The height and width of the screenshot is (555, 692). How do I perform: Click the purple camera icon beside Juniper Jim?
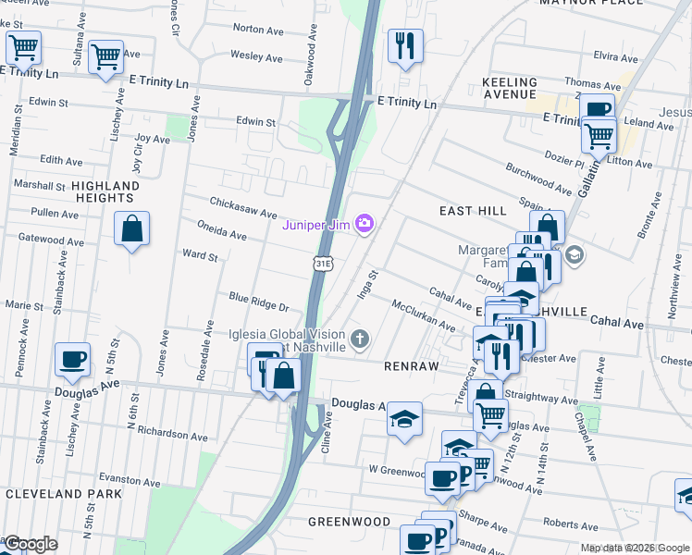coord(365,223)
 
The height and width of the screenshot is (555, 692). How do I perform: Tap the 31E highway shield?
coord(322,264)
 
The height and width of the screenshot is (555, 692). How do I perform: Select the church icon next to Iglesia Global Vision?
coord(359,340)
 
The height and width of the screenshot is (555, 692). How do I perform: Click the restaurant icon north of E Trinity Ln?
coord(404,45)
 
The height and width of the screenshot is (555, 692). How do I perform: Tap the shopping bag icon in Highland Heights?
coord(132,228)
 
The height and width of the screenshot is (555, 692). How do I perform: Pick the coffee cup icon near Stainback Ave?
coord(71,360)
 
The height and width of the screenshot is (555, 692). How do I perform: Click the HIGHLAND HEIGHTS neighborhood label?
coord(105,191)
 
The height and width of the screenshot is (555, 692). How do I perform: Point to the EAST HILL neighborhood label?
coord(472,211)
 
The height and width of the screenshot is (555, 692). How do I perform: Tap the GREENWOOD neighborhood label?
coord(349,522)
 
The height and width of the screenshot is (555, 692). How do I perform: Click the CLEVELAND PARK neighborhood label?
coord(63,494)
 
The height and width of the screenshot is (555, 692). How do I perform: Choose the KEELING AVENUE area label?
coord(509,89)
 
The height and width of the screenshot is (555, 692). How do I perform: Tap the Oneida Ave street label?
coord(221,229)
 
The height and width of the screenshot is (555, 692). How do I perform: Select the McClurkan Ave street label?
coord(423,315)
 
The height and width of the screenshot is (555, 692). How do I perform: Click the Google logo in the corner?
coord(30,544)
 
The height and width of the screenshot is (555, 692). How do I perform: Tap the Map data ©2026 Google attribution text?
coord(635,549)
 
